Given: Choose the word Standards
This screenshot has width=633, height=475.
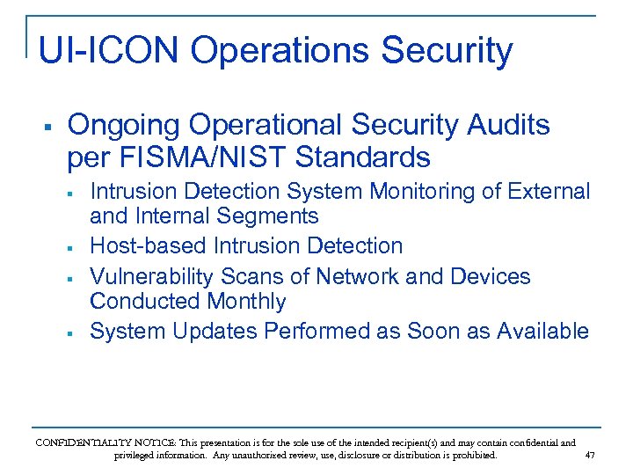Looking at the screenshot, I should pyautogui.click(x=363, y=157).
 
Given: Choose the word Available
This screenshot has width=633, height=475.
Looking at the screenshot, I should pyautogui.click(x=542, y=332).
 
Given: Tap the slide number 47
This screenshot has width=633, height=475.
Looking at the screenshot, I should pyautogui.click(x=589, y=456).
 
